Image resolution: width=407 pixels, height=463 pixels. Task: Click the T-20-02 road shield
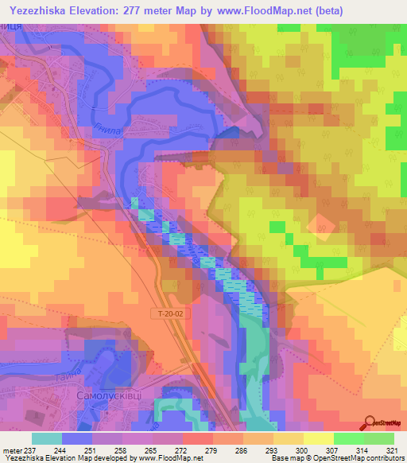click(165, 314)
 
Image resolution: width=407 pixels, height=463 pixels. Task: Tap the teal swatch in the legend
click(47, 438)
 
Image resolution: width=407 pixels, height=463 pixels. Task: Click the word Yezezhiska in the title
click(39, 10)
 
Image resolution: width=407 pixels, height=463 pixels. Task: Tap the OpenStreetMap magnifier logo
click(371, 422)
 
